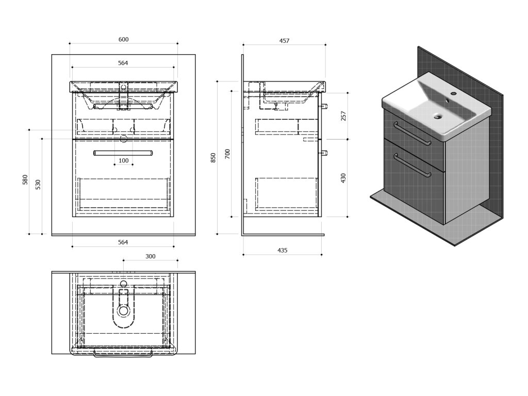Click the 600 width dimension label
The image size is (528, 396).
click(123, 39)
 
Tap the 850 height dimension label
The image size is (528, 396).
click(213, 158)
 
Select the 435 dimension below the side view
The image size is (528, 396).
click(282, 250)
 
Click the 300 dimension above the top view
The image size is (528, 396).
click(150, 256)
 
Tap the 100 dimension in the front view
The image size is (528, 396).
click(124, 160)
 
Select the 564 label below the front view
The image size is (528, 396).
click(123, 242)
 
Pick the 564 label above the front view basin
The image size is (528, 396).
click(123, 63)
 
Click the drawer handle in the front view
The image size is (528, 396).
click(123, 153)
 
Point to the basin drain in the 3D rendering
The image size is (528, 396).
click(439, 117)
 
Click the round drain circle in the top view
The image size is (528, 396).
click(123, 310)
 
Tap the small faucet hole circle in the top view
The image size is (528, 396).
click(123, 284)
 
